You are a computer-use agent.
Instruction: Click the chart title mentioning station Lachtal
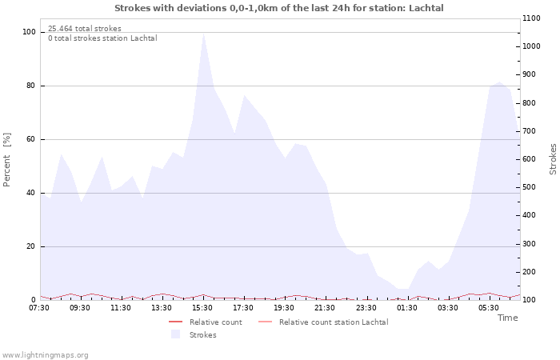click(279, 8)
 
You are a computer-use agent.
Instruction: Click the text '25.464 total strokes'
click(85, 29)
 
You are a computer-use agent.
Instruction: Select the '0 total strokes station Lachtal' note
click(102, 38)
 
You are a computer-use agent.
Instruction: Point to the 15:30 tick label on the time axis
click(202, 308)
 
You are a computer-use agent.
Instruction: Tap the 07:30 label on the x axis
click(39, 308)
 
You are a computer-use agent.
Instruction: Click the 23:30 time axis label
click(366, 308)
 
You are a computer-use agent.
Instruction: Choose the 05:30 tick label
click(489, 308)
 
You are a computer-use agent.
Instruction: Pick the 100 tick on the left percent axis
click(29, 32)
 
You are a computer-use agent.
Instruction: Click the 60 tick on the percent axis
click(30, 139)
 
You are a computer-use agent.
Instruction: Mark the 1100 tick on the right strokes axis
click(531, 18)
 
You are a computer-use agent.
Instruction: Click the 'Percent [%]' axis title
click(6, 160)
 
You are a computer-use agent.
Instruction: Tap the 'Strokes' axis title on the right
click(553, 159)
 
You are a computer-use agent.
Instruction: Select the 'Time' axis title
click(507, 318)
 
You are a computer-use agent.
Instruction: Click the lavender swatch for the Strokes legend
click(175, 334)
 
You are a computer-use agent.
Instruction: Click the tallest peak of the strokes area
click(203, 34)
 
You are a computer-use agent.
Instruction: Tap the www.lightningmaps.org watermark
click(45, 355)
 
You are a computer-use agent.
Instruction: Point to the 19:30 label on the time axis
click(284, 308)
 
